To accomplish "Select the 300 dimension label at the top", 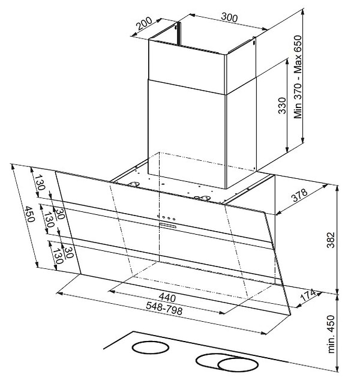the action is pos(229,17).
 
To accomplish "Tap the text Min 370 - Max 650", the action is pos(298,77).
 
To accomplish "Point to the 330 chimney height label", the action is pos(282,106).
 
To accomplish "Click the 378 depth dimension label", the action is pos(299,195).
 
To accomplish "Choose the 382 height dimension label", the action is pos(331,240).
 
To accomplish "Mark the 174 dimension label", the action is pos(308,295).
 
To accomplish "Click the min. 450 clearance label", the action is pos(331,334).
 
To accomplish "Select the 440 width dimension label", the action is pos(167,297).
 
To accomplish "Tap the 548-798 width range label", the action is pos(164,308).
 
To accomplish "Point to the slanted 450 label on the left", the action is pos(29,214).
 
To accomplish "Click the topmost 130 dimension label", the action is pos(39,182).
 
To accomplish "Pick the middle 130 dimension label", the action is pos(49,219).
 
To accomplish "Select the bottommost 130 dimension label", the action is pos(58,256).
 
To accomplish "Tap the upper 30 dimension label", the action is pos(60,214).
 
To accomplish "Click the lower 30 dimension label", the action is pos(68,252).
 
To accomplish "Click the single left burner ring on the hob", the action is pos(150,348).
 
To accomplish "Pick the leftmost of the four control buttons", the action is pos(158,216).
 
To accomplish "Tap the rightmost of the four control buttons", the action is pos(174,219).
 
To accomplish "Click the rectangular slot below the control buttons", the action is pos(168,226).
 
